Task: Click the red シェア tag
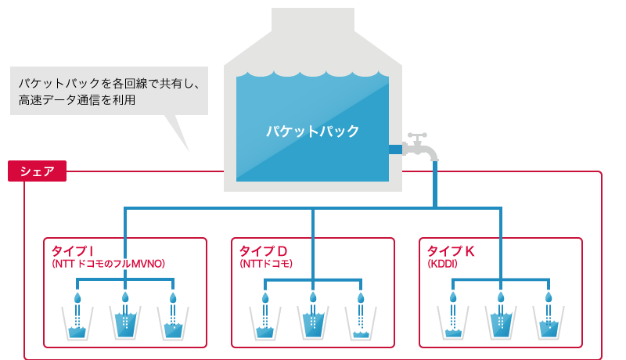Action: [37, 171]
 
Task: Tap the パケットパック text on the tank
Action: [312, 131]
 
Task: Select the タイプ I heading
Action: [73, 250]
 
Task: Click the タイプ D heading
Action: [264, 250]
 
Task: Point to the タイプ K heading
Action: [451, 250]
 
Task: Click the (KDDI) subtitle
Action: [442, 265]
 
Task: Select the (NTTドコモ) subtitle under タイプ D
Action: [266, 265]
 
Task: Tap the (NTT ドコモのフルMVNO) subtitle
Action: [108, 265]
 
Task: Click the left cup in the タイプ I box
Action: [77, 322]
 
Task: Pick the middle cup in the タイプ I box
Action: [124, 322]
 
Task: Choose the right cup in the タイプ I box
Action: [172, 322]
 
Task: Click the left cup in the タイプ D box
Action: [264, 322]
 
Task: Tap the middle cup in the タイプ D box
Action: [312, 322]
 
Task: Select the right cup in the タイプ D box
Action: [360, 322]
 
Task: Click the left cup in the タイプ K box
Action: [452, 322]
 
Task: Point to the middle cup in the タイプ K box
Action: [500, 322]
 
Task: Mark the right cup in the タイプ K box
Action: [548, 322]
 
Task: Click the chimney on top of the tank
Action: [312, 21]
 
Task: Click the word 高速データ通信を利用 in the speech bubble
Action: [77, 100]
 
